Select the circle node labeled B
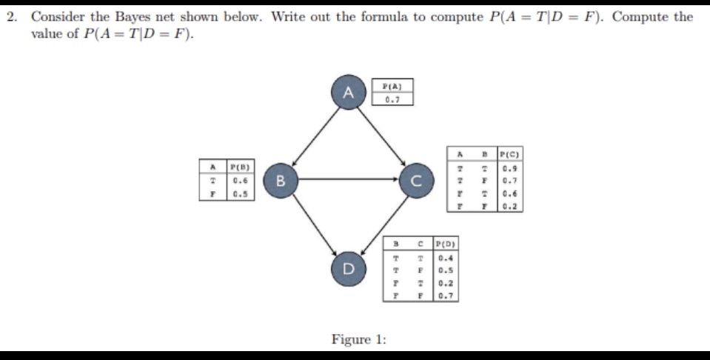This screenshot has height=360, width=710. click(x=280, y=179)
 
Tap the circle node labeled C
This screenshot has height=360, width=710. click(x=415, y=179)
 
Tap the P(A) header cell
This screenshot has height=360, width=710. click(x=392, y=85)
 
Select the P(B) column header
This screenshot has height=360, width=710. click(x=238, y=167)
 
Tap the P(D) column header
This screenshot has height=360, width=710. click(x=445, y=245)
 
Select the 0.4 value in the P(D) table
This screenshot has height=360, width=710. click(x=445, y=259)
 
